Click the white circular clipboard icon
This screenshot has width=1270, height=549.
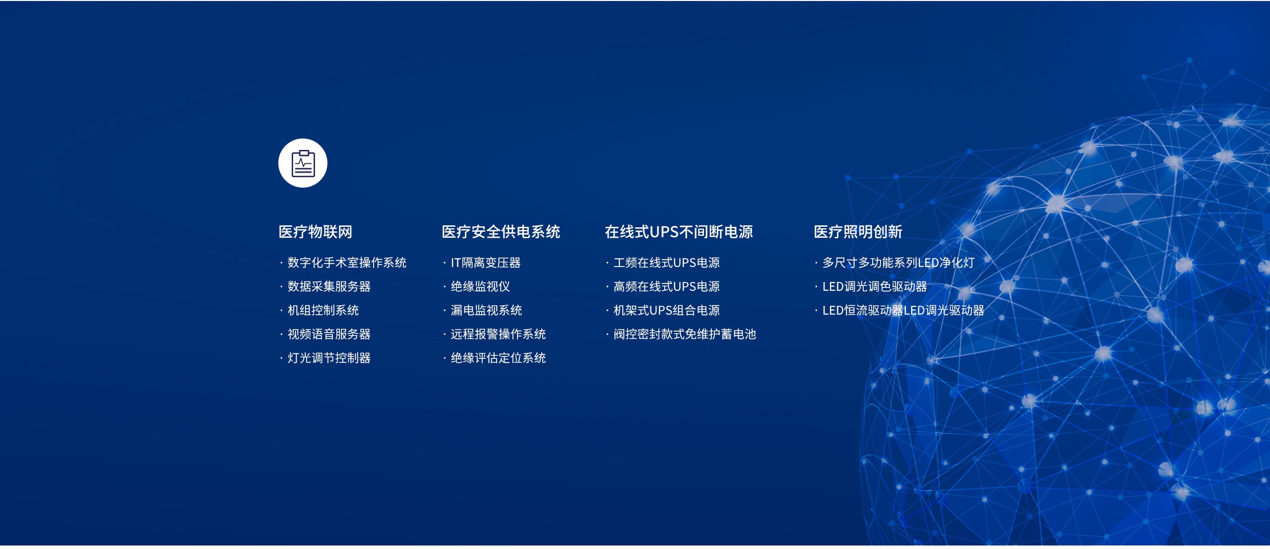click(303, 163)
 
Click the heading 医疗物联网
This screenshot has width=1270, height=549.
click(316, 232)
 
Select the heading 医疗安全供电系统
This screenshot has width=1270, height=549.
click(501, 232)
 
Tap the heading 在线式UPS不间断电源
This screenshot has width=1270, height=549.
click(679, 232)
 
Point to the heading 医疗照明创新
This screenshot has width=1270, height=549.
click(858, 232)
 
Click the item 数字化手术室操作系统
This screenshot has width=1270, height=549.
click(347, 263)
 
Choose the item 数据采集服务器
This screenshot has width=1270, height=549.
click(329, 286)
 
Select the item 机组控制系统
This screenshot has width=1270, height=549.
click(323, 310)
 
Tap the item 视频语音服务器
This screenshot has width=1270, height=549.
click(329, 334)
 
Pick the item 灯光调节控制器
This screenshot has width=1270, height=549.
click(329, 358)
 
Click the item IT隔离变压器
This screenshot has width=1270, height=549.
click(486, 263)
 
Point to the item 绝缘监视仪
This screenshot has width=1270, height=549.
click(480, 286)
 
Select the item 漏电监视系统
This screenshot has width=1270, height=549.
click(486, 310)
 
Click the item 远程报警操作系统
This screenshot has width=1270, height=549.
click(498, 334)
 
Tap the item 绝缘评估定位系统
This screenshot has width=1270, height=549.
click(498, 358)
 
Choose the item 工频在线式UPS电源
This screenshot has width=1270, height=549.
click(667, 263)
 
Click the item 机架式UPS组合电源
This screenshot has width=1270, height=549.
click(667, 310)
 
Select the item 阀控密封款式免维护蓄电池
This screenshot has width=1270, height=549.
click(685, 334)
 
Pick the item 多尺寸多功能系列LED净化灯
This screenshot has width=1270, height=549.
click(898, 263)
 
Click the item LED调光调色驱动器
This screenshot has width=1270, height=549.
click(875, 286)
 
